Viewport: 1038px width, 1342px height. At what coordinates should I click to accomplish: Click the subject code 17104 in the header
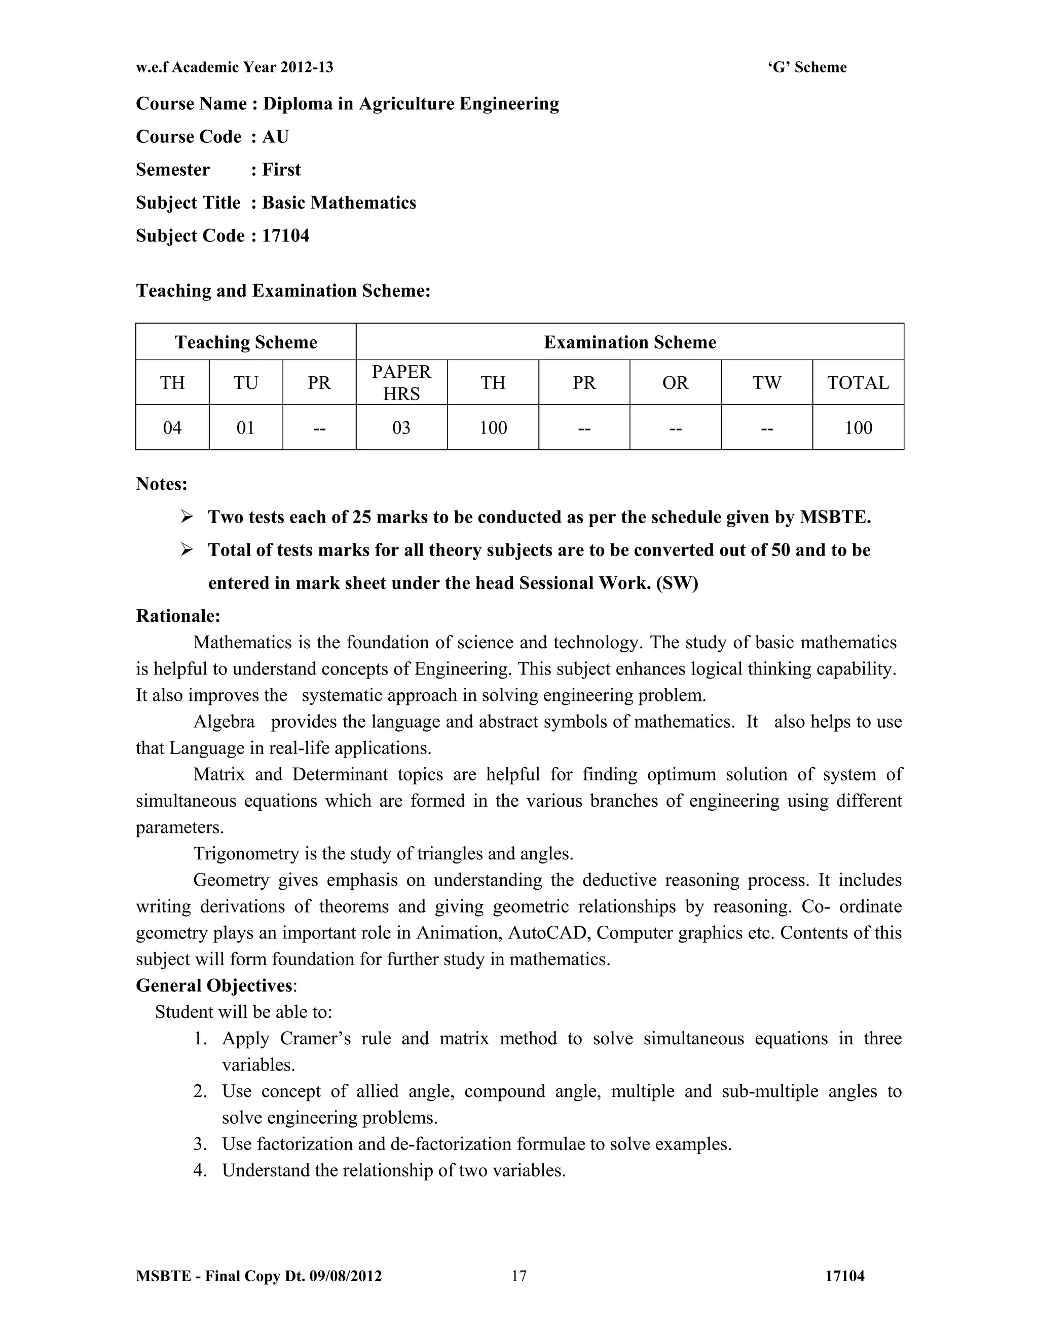(285, 236)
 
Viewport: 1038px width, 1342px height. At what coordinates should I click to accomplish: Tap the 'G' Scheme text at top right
(807, 67)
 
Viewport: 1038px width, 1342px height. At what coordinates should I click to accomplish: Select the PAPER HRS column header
(401, 382)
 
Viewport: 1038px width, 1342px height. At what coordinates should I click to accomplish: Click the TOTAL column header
(858, 383)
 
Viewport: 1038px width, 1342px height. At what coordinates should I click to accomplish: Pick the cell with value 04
(172, 428)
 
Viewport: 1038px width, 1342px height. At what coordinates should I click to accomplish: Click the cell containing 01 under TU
(245, 428)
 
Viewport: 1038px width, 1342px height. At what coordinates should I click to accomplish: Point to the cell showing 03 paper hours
(401, 428)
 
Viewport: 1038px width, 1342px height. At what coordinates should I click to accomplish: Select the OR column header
(675, 383)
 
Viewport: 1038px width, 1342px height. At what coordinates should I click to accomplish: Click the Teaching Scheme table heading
(246, 342)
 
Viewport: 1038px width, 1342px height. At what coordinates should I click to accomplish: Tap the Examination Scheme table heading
(629, 342)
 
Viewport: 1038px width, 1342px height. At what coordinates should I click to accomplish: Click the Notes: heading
(162, 484)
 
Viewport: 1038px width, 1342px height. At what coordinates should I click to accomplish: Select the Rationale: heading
(178, 616)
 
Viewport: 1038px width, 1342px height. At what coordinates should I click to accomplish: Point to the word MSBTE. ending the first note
(835, 518)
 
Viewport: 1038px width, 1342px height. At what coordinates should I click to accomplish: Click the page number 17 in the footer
(519, 1276)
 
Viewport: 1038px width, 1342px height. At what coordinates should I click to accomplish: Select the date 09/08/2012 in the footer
(346, 1276)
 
